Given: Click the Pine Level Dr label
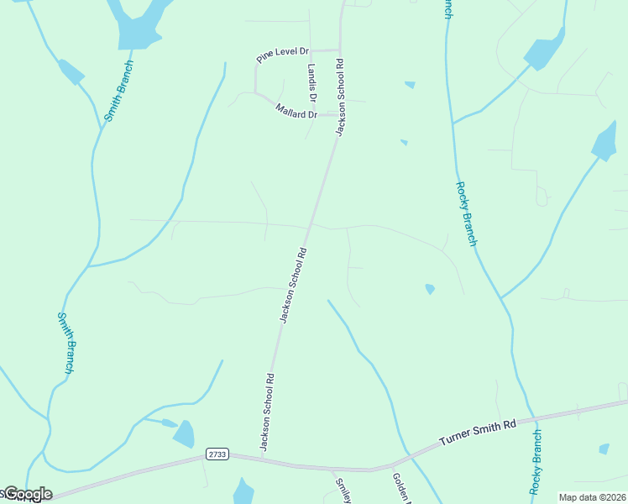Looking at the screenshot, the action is point(283,56).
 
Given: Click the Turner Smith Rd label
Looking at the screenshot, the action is point(477,433).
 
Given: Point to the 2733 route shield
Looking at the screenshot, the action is point(217,454).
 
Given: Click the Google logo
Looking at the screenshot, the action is point(28,494).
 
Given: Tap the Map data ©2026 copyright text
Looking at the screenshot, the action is point(592,497).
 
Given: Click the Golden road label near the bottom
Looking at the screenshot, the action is point(400,488).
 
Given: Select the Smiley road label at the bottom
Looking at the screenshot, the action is point(343,491).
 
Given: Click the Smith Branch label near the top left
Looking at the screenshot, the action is point(119,92).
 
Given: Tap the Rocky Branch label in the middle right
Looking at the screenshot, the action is point(466,213).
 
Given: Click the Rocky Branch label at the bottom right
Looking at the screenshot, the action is point(536,461).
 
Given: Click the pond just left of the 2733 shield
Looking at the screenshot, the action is point(184,433).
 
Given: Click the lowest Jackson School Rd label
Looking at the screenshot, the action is point(267,412).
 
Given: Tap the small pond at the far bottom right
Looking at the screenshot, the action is point(604,449).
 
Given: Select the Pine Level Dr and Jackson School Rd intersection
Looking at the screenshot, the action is point(340,50).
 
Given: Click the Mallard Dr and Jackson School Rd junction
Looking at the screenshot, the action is point(338,115).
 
